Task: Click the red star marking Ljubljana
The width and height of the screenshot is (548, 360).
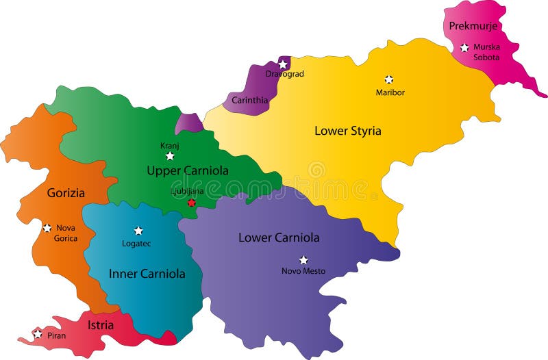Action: [x=192, y=203]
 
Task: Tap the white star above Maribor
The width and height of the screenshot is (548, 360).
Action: [x=389, y=79]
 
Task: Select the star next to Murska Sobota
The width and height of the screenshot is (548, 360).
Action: [x=464, y=48]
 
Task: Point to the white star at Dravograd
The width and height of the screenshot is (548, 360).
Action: [x=283, y=64]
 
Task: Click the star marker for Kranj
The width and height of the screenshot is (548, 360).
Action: [x=170, y=157]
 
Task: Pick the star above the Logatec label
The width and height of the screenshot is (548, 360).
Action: [x=138, y=231]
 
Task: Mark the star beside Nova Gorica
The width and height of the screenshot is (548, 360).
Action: [x=47, y=228]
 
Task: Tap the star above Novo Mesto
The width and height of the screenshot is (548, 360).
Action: [x=303, y=260]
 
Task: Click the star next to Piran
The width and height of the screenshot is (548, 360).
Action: [x=38, y=335]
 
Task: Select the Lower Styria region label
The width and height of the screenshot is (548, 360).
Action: [x=347, y=130]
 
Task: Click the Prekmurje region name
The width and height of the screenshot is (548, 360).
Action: [x=473, y=26]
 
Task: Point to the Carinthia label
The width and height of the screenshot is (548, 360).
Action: [x=249, y=101]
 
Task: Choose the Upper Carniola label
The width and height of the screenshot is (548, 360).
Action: [x=187, y=170]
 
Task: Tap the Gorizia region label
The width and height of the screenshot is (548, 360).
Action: [x=66, y=193]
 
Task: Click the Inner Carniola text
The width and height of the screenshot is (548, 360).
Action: [x=147, y=274]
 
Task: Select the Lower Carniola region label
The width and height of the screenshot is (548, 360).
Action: [x=279, y=238]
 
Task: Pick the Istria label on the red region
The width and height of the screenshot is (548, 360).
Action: [x=101, y=325]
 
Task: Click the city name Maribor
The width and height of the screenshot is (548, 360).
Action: [x=390, y=92]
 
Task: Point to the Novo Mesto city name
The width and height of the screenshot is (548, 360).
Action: [x=303, y=272]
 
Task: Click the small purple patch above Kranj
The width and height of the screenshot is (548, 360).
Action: [x=189, y=124]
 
